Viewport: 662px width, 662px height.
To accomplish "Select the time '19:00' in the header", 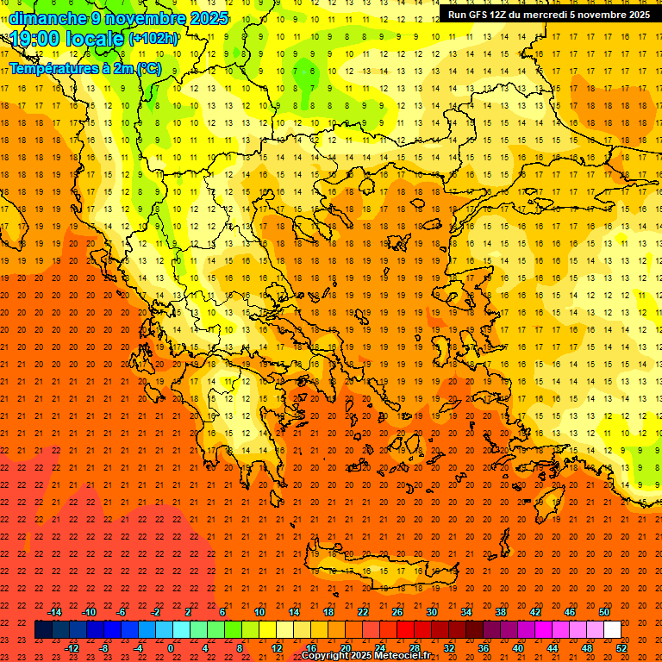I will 38,39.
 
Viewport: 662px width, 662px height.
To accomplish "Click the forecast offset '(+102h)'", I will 153,39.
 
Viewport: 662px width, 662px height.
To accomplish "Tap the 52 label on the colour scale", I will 622,648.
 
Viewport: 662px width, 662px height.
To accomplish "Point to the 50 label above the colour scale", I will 604,612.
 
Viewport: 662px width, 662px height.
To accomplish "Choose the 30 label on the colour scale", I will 431,612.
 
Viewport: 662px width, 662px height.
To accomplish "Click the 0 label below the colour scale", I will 171,648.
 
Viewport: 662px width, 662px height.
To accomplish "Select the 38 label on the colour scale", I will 500,612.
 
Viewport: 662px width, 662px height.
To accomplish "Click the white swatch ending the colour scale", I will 612,630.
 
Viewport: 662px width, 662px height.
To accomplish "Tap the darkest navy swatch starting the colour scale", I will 43,630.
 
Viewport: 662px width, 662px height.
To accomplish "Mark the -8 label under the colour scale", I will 104,648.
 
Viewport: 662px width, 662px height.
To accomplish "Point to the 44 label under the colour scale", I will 553,648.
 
